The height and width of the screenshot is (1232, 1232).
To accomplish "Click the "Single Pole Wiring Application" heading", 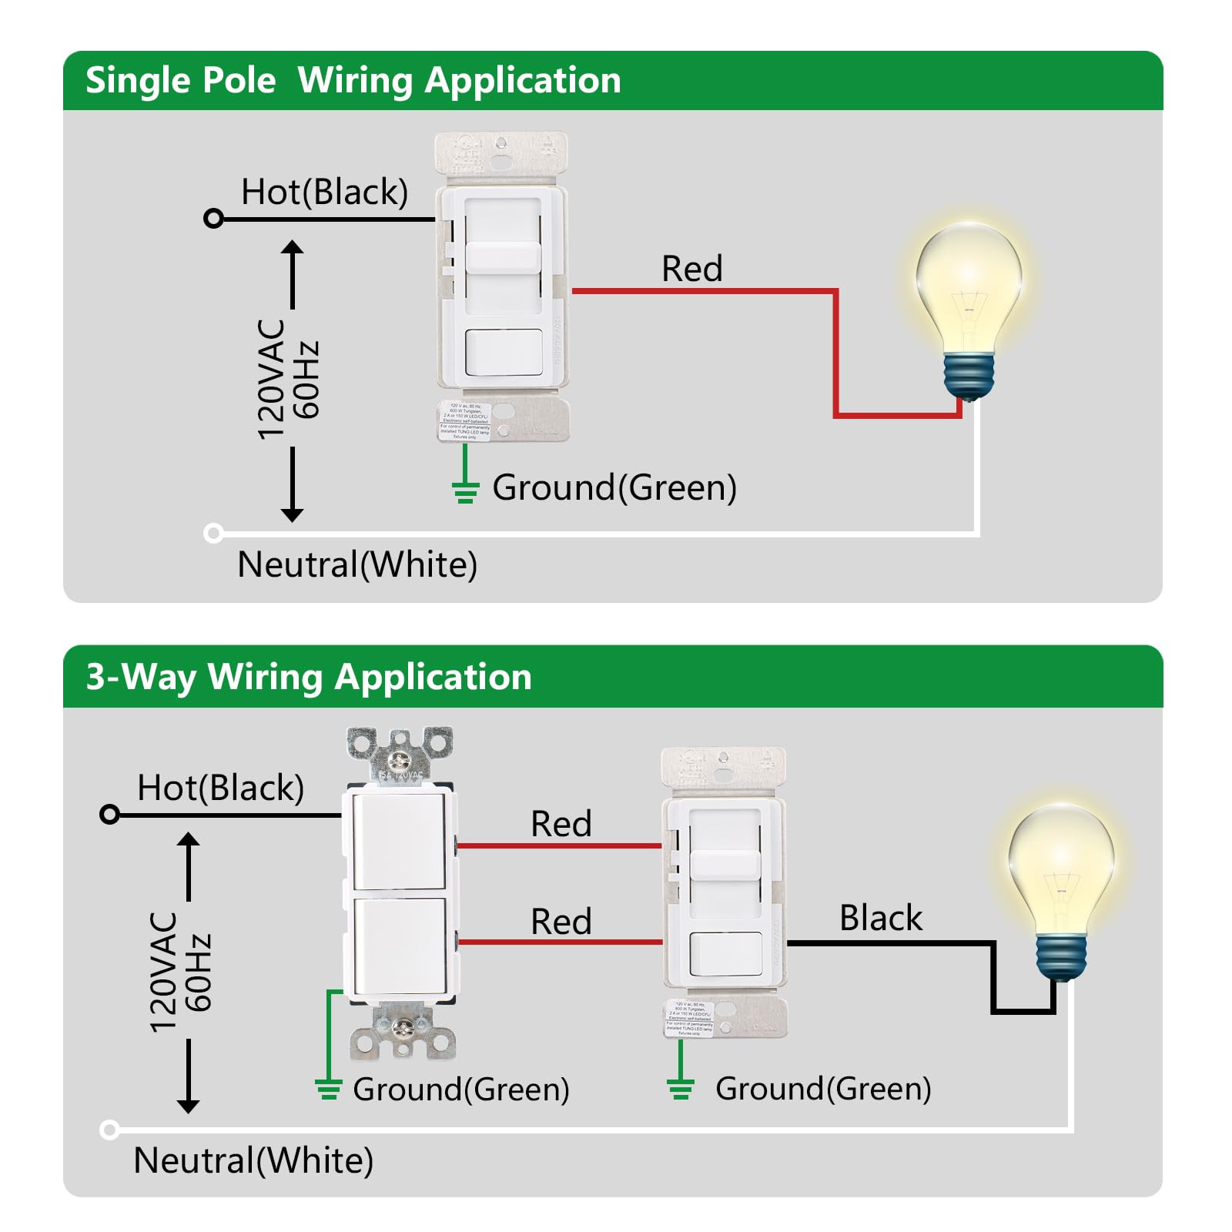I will tap(353, 81).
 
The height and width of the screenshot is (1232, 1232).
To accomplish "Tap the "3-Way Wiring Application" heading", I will tap(309, 678).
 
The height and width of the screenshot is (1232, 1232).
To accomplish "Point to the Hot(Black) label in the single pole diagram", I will tap(324, 192).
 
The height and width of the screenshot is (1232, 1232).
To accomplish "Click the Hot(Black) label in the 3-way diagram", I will tap(220, 788).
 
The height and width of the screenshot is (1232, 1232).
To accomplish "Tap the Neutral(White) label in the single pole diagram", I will tap(357, 564).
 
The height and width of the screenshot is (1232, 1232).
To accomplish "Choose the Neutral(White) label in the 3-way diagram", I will tap(253, 1160).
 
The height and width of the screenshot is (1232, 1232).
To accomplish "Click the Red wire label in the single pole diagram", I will tap(691, 269).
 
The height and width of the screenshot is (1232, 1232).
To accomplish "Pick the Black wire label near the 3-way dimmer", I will tap(880, 918).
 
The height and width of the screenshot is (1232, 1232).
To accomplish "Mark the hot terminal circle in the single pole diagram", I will tap(213, 219).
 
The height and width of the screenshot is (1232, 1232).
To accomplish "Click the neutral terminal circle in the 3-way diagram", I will tap(109, 1130).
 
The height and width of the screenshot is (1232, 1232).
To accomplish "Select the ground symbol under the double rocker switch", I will tap(328, 1088).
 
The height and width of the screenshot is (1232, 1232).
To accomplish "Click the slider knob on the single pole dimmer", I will tap(503, 257).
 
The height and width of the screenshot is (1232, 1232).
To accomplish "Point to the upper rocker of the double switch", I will tap(398, 842).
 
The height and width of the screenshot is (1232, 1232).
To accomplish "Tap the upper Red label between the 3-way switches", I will tap(561, 824).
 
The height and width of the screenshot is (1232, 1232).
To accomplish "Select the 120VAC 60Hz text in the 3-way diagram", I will tap(179, 972).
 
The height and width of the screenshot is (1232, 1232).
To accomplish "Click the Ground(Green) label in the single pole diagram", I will tap(614, 488).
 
